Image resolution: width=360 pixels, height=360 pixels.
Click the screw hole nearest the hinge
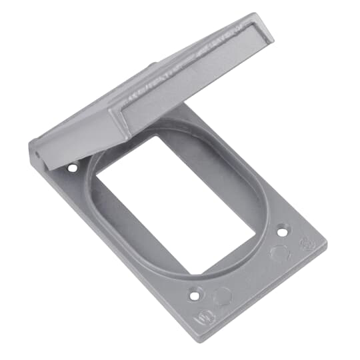pos(73,167)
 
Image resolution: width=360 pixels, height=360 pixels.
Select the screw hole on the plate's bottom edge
pos(195,293)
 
